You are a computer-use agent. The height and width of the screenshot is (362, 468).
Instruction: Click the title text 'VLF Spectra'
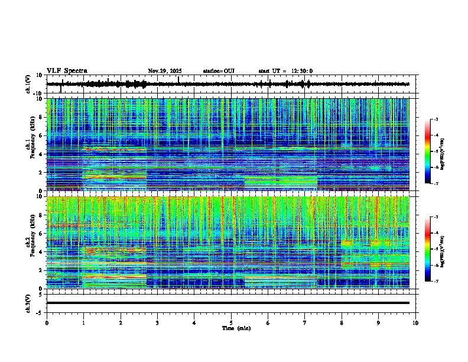67,71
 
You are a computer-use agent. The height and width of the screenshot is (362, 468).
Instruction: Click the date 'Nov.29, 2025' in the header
164,71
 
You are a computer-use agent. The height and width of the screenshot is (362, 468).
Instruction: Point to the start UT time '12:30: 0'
299,71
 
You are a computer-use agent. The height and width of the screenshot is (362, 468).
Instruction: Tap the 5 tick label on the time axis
231,322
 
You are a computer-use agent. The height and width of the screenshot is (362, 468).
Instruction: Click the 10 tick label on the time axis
415,322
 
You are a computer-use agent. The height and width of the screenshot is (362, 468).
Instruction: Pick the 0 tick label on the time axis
47,322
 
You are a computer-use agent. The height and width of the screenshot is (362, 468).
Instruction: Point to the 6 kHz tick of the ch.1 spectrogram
41,135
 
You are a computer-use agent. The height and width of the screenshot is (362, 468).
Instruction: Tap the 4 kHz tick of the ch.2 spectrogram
41,251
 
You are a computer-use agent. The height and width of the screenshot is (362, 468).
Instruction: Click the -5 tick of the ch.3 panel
41,312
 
